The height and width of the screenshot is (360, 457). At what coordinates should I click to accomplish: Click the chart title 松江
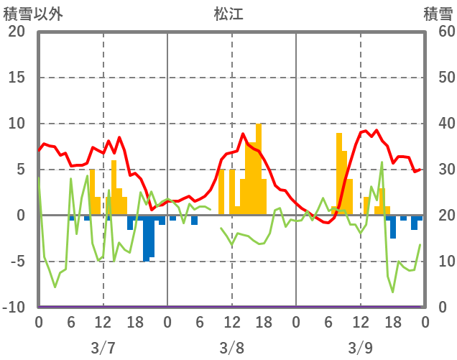click(228, 14)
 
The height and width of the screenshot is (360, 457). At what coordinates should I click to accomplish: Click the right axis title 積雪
click(438, 14)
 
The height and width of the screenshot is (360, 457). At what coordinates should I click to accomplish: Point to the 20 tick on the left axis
click(16, 32)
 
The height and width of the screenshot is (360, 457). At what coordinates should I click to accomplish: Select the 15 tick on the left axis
click(16, 78)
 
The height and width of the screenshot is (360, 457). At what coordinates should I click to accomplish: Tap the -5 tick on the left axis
click(16, 262)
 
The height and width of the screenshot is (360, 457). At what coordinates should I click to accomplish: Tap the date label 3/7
click(103, 348)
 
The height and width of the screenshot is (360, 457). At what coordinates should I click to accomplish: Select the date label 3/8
click(231, 348)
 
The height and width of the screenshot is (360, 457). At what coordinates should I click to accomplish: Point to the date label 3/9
click(360, 348)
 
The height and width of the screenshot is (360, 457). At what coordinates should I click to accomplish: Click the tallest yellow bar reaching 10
click(259, 169)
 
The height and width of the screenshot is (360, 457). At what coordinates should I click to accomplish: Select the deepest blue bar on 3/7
click(146, 237)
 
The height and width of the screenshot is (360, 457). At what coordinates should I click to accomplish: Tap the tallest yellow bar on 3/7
click(114, 188)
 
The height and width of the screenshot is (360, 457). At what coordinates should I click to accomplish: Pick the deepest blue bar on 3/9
click(393, 226)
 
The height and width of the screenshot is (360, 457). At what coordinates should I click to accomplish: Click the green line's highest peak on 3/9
click(382, 162)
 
